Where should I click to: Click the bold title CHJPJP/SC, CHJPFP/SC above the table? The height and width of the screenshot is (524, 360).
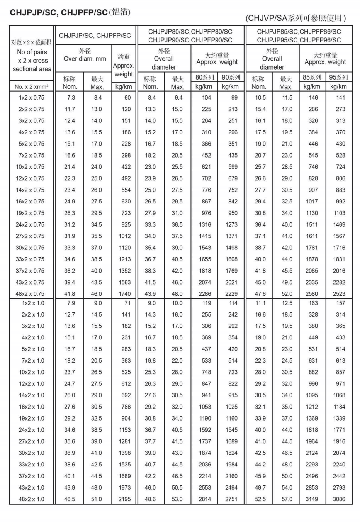(59, 12)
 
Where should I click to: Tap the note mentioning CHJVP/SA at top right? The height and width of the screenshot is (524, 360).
(295, 18)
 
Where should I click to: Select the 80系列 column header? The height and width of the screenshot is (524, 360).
(204, 77)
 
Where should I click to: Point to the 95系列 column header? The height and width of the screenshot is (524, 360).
(339, 77)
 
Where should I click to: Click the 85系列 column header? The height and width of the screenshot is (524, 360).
(312, 77)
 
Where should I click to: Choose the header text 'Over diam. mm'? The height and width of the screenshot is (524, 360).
(85, 59)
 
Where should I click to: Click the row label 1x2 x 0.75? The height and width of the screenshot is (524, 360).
(31, 98)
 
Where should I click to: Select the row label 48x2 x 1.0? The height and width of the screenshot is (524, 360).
(31, 499)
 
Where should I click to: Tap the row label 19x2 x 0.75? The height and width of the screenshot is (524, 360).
(31, 213)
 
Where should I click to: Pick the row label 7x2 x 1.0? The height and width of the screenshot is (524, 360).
(33, 361)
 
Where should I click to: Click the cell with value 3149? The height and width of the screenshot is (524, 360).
(312, 499)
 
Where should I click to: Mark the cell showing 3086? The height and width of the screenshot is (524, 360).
(339, 499)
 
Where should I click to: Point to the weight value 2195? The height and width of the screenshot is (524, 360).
(124, 499)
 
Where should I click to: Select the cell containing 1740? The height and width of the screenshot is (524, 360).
(124, 294)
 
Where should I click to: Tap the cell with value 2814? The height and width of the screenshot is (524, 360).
(205, 499)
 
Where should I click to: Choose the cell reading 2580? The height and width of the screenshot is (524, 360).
(312, 294)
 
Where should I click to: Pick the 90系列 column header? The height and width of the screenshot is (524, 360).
(231, 77)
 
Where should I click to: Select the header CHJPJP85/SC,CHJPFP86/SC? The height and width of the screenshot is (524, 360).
(299, 32)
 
